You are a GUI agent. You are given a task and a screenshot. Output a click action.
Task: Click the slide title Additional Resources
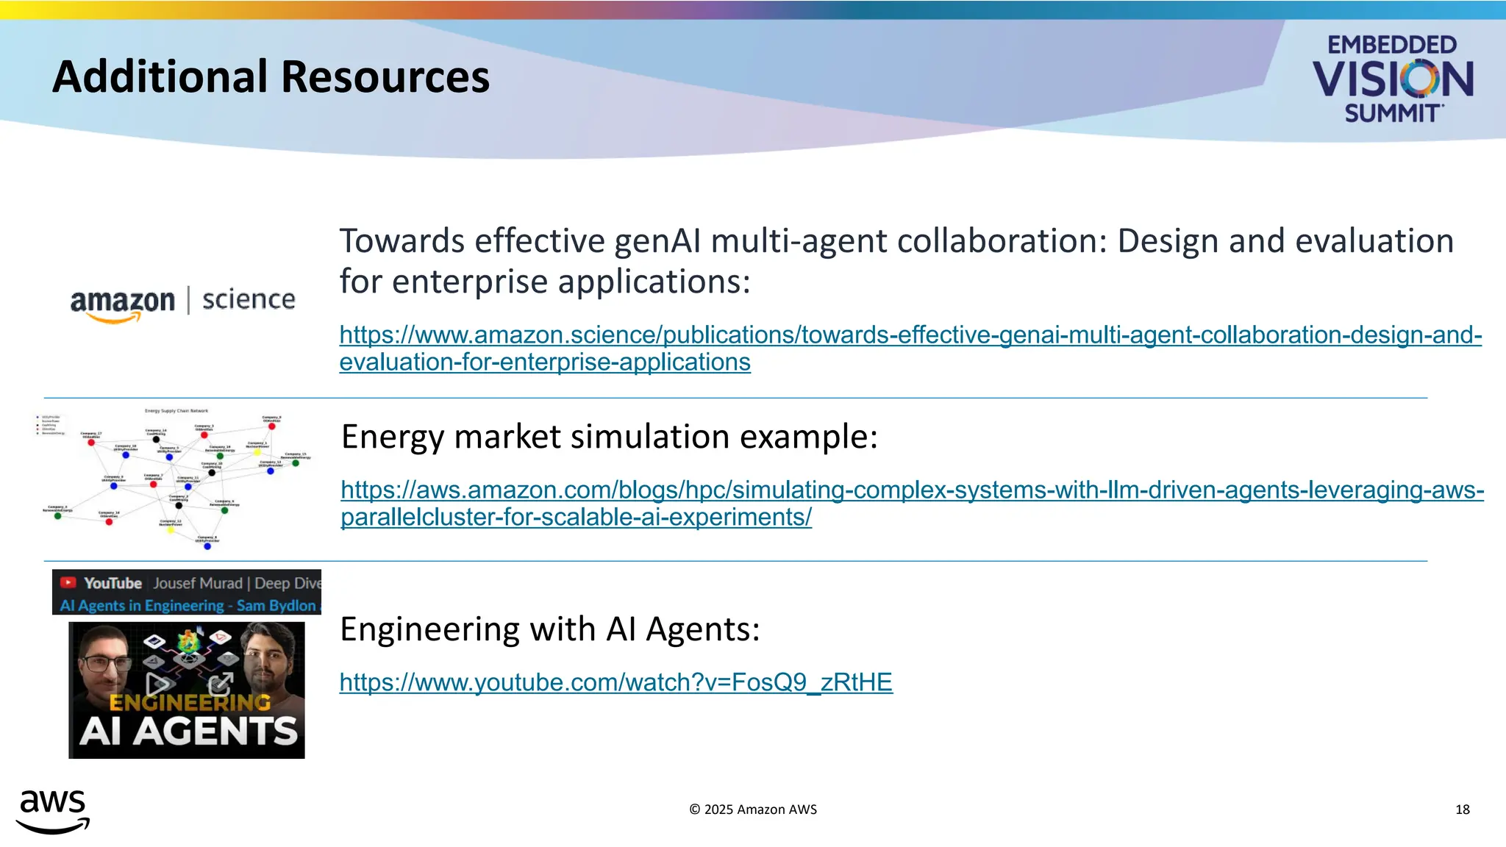click(x=271, y=77)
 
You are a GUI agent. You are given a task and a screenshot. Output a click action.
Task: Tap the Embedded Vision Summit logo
click(x=1392, y=79)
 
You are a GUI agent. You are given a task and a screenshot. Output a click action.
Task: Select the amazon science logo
click(x=182, y=302)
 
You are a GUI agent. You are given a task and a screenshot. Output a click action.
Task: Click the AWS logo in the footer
click(x=52, y=811)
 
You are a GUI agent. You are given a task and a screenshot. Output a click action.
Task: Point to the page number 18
click(x=1462, y=810)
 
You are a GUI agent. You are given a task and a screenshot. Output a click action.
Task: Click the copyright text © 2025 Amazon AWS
click(x=753, y=810)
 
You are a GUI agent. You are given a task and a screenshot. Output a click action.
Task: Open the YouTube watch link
click(x=615, y=682)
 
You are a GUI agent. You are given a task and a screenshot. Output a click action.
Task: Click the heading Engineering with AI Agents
click(x=549, y=629)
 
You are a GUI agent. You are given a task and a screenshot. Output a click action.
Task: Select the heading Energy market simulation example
click(x=609, y=437)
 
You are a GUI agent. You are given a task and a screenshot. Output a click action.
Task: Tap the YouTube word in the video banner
click(x=113, y=583)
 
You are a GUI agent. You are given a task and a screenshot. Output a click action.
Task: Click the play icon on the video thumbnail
click(x=157, y=685)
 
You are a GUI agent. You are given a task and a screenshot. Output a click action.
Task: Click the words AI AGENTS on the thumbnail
click(x=188, y=732)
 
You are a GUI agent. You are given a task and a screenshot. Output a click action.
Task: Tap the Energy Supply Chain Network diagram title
click(x=176, y=411)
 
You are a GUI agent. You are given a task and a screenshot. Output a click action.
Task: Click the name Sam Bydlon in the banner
click(x=276, y=606)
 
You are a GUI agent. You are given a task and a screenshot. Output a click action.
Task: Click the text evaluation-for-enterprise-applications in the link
click(x=545, y=362)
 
